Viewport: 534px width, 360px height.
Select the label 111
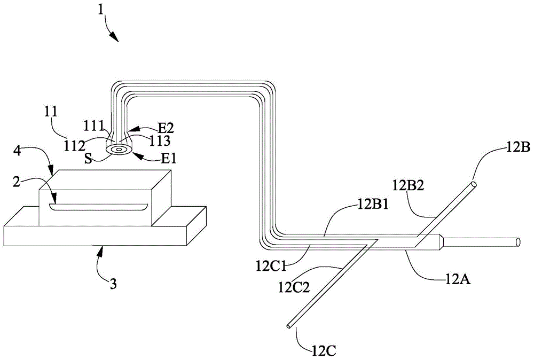(x=93, y=126)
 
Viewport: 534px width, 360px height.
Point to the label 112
(x=75, y=146)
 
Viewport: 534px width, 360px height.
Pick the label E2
(x=165, y=128)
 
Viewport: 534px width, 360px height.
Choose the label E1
(x=169, y=158)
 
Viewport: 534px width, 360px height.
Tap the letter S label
(x=88, y=159)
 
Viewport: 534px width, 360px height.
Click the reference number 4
(x=17, y=151)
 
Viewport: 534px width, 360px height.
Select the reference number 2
(x=17, y=182)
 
